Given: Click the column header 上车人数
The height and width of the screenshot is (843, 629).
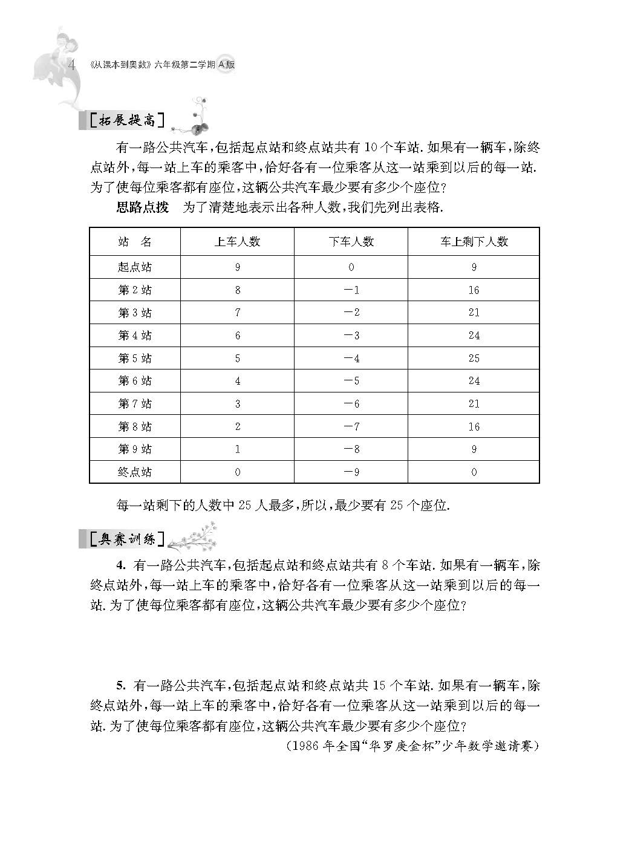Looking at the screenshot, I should (237, 242).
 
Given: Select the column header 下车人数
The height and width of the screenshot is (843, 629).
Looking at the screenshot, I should (351, 242).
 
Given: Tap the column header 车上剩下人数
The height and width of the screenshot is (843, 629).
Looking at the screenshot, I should (474, 242).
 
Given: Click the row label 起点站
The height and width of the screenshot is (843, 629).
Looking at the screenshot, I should (135, 267).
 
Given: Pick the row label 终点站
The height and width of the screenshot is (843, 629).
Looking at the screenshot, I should (135, 472).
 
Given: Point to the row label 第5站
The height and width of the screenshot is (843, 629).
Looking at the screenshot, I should (135, 359).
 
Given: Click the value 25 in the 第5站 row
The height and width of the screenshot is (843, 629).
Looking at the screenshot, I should (474, 359).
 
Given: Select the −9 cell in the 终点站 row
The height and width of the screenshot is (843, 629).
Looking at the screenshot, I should (351, 472).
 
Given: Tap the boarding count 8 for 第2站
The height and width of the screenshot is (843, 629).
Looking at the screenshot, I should (238, 290).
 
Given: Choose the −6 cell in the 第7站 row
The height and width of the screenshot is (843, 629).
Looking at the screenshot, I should (351, 404).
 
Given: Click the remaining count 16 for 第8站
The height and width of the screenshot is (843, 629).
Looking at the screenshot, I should (474, 427).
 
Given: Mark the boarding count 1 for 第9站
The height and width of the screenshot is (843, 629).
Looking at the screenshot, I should (238, 449).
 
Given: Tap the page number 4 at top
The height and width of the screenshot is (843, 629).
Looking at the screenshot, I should (72, 65).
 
